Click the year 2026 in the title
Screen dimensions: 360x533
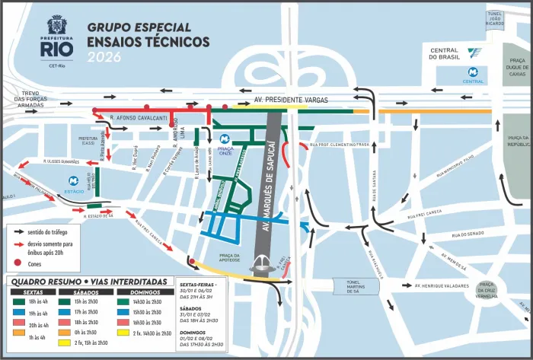[104, 57]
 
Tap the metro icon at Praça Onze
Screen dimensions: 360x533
[225, 139]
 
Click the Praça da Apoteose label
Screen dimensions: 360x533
[230, 258]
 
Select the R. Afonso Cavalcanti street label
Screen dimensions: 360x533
[139, 118]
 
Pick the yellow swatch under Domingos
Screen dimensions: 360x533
[125, 333]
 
